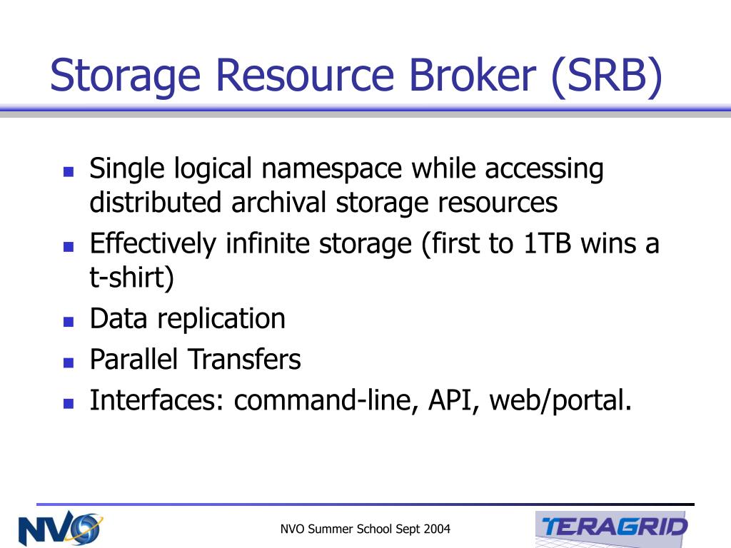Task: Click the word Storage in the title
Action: (x=125, y=76)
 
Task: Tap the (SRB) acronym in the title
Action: (x=607, y=76)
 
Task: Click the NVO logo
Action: (x=61, y=529)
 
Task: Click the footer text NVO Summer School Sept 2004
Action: (x=365, y=529)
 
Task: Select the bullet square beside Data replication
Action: (x=69, y=322)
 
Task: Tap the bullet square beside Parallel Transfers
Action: (x=69, y=362)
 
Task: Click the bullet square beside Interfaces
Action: (x=69, y=403)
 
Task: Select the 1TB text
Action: (x=548, y=244)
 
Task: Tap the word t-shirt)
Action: (x=131, y=278)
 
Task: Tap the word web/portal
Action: (x=560, y=401)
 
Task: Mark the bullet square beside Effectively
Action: (x=69, y=246)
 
